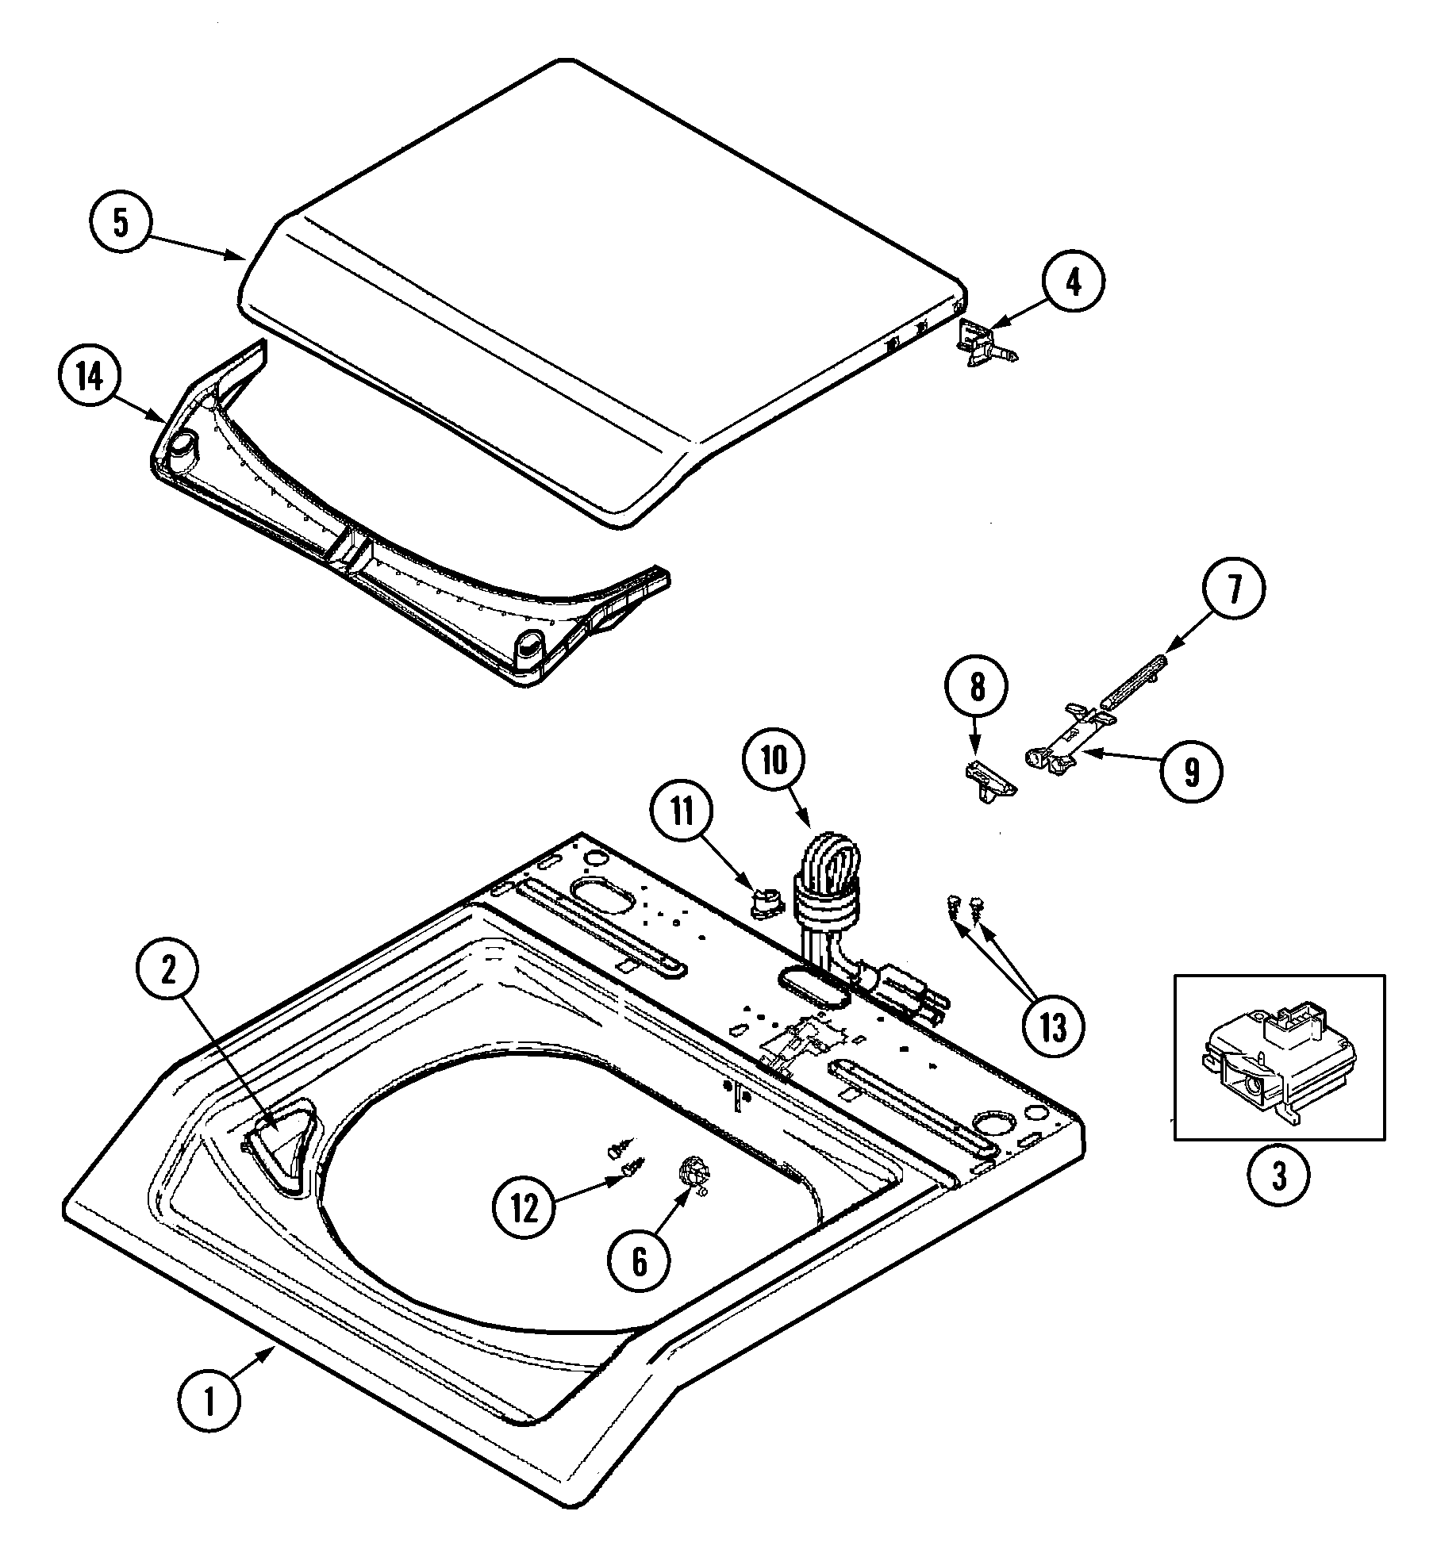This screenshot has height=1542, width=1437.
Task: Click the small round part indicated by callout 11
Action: click(765, 902)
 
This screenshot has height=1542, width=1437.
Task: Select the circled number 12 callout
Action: click(524, 1209)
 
